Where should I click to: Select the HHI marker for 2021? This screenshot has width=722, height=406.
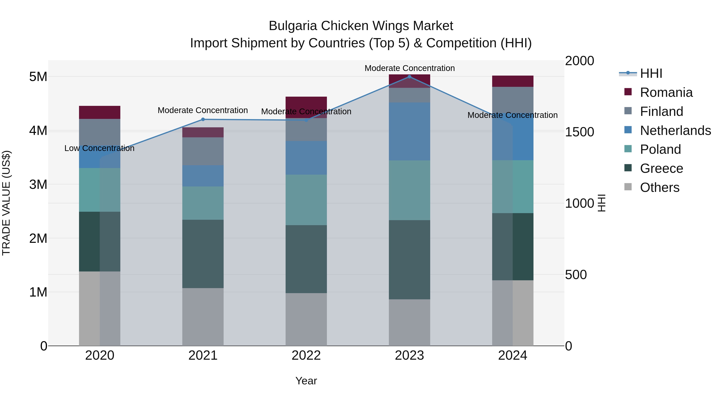(203, 119)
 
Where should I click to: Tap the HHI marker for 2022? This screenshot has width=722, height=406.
(306, 120)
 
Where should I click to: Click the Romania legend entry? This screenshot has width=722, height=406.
(666, 92)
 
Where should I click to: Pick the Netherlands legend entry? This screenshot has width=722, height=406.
(675, 131)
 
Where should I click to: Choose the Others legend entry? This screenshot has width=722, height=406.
(659, 187)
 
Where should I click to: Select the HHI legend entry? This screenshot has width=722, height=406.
(651, 73)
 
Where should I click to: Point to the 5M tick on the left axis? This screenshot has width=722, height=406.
(38, 77)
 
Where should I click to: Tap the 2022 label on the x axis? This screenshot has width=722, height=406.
(306, 355)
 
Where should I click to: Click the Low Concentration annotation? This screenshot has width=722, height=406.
(99, 148)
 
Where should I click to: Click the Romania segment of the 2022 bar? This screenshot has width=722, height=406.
(306, 104)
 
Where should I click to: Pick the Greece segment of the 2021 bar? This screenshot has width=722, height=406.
(203, 254)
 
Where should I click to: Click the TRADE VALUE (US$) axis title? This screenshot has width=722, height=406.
(6, 203)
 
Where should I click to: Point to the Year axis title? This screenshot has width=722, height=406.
(306, 381)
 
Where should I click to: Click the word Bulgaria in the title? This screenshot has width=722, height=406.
(293, 26)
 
